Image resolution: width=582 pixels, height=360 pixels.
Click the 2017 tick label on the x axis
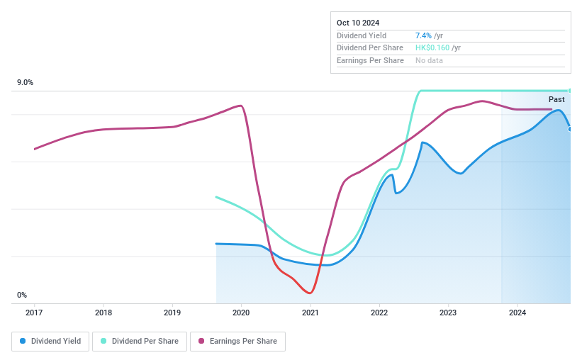click(x=34, y=313)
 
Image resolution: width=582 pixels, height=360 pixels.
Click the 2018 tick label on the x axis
click(x=103, y=313)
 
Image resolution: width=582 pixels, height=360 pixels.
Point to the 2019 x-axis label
click(x=172, y=313)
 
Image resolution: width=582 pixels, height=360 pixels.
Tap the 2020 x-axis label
click(x=241, y=313)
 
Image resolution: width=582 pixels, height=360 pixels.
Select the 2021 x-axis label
click(x=310, y=313)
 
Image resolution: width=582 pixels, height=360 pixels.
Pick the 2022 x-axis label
click(x=379, y=313)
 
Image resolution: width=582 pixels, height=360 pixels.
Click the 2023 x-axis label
click(x=448, y=313)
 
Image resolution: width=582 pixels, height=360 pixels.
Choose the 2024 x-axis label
click(x=517, y=313)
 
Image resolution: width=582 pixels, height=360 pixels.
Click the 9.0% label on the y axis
click(x=26, y=83)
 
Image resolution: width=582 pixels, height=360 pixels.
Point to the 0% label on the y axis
click(x=22, y=295)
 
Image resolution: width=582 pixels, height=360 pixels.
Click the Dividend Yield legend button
click(x=50, y=342)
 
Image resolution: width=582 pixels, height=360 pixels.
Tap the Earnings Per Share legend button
click(x=237, y=342)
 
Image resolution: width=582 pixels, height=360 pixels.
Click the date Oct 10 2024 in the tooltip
click(x=359, y=23)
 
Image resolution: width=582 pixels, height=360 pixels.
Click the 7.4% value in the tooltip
click(x=423, y=35)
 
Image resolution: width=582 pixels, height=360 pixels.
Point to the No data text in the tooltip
click(x=430, y=61)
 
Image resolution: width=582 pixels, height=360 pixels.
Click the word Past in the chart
click(x=556, y=99)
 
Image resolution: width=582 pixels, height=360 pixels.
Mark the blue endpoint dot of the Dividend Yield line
click(x=570, y=129)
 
